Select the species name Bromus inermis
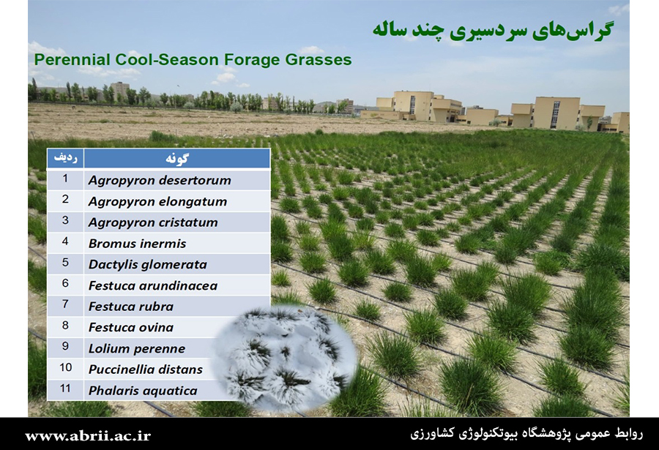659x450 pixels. pyautogui.click(x=137, y=244)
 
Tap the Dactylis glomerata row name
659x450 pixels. pyautogui.click(x=147, y=265)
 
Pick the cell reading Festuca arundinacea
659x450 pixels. pyautogui.click(x=152, y=285)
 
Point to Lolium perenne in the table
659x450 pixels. pyautogui.click(x=137, y=349)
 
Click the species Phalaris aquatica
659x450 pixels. pyautogui.click(x=143, y=391)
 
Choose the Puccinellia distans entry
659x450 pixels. pyautogui.click(x=146, y=370)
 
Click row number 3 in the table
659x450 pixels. pyautogui.click(x=65, y=220)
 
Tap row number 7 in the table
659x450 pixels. pyautogui.click(x=65, y=304)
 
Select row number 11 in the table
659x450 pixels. pyautogui.click(x=65, y=388)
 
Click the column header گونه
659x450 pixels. pyautogui.click(x=177, y=158)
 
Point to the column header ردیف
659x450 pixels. pyautogui.click(x=66, y=158)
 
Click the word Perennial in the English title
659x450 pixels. pyautogui.click(x=72, y=60)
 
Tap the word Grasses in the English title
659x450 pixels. pyautogui.click(x=319, y=60)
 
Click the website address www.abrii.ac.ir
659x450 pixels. pyautogui.click(x=87, y=435)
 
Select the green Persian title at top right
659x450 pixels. pyautogui.click(x=493, y=30)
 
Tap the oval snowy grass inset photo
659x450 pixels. pyautogui.click(x=284, y=357)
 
